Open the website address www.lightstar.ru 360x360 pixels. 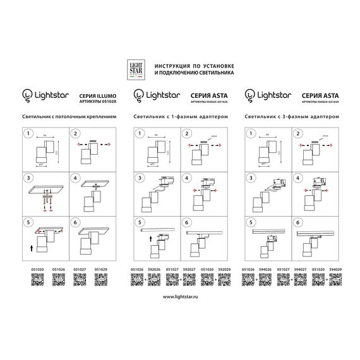[180, 296]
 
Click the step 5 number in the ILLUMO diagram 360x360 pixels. [28, 223]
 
